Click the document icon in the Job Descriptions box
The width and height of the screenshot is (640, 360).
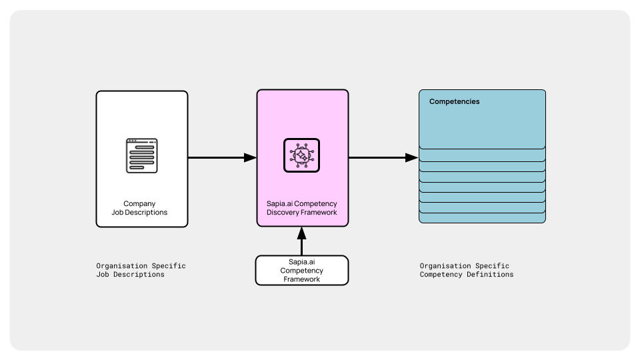(142, 155)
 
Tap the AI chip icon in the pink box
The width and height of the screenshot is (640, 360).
(301, 155)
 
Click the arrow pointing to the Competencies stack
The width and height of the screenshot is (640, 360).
(383, 158)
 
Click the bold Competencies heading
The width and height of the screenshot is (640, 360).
(454, 102)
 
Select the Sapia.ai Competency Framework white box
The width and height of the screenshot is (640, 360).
(301, 271)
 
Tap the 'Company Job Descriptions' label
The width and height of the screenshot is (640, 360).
(139, 208)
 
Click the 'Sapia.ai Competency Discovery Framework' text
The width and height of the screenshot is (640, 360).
(301, 208)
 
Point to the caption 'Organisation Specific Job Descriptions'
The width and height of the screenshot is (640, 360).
(141, 270)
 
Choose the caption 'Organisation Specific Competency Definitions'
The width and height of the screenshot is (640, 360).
(466, 270)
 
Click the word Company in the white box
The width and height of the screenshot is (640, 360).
(139, 204)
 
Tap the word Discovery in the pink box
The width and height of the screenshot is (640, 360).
(285, 213)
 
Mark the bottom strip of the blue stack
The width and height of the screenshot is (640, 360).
(482, 219)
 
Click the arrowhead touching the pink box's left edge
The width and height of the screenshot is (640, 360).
(250, 158)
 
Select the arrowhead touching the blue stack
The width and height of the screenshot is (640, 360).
(412, 158)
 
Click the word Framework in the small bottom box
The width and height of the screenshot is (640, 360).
(301, 279)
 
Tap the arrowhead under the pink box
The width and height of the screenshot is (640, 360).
(301, 233)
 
